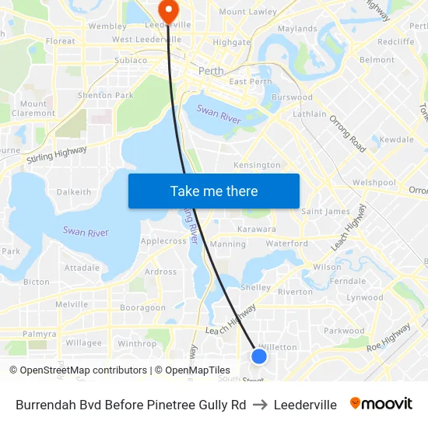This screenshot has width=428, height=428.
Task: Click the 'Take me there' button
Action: (x=214, y=191)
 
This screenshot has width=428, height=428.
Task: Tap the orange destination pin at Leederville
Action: (x=168, y=10)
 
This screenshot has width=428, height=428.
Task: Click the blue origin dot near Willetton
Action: (x=259, y=356)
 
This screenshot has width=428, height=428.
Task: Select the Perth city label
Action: (x=210, y=71)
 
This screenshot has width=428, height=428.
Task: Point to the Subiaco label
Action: (x=130, y=60)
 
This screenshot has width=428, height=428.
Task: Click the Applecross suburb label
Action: (x=163, y=241)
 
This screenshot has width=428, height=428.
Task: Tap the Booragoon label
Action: (x=142, y=307)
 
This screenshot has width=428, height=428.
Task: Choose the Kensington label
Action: (x=257, y=165)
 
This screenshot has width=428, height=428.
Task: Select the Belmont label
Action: (x=377, y=59)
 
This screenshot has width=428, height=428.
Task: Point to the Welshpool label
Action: (x=374, y=182)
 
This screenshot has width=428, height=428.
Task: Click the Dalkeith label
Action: (x=74, y=191)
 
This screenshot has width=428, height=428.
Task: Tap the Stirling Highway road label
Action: (x=56, y=153)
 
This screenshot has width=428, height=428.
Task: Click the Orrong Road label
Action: (x=347, y=133)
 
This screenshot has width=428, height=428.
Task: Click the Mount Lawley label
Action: (x=247, y=12)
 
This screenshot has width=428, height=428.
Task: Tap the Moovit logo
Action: (x=381, y=404)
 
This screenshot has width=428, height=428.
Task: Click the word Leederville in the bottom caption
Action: (x=305, y=405)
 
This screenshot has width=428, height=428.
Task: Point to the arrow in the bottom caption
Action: (x=260, y=405)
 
